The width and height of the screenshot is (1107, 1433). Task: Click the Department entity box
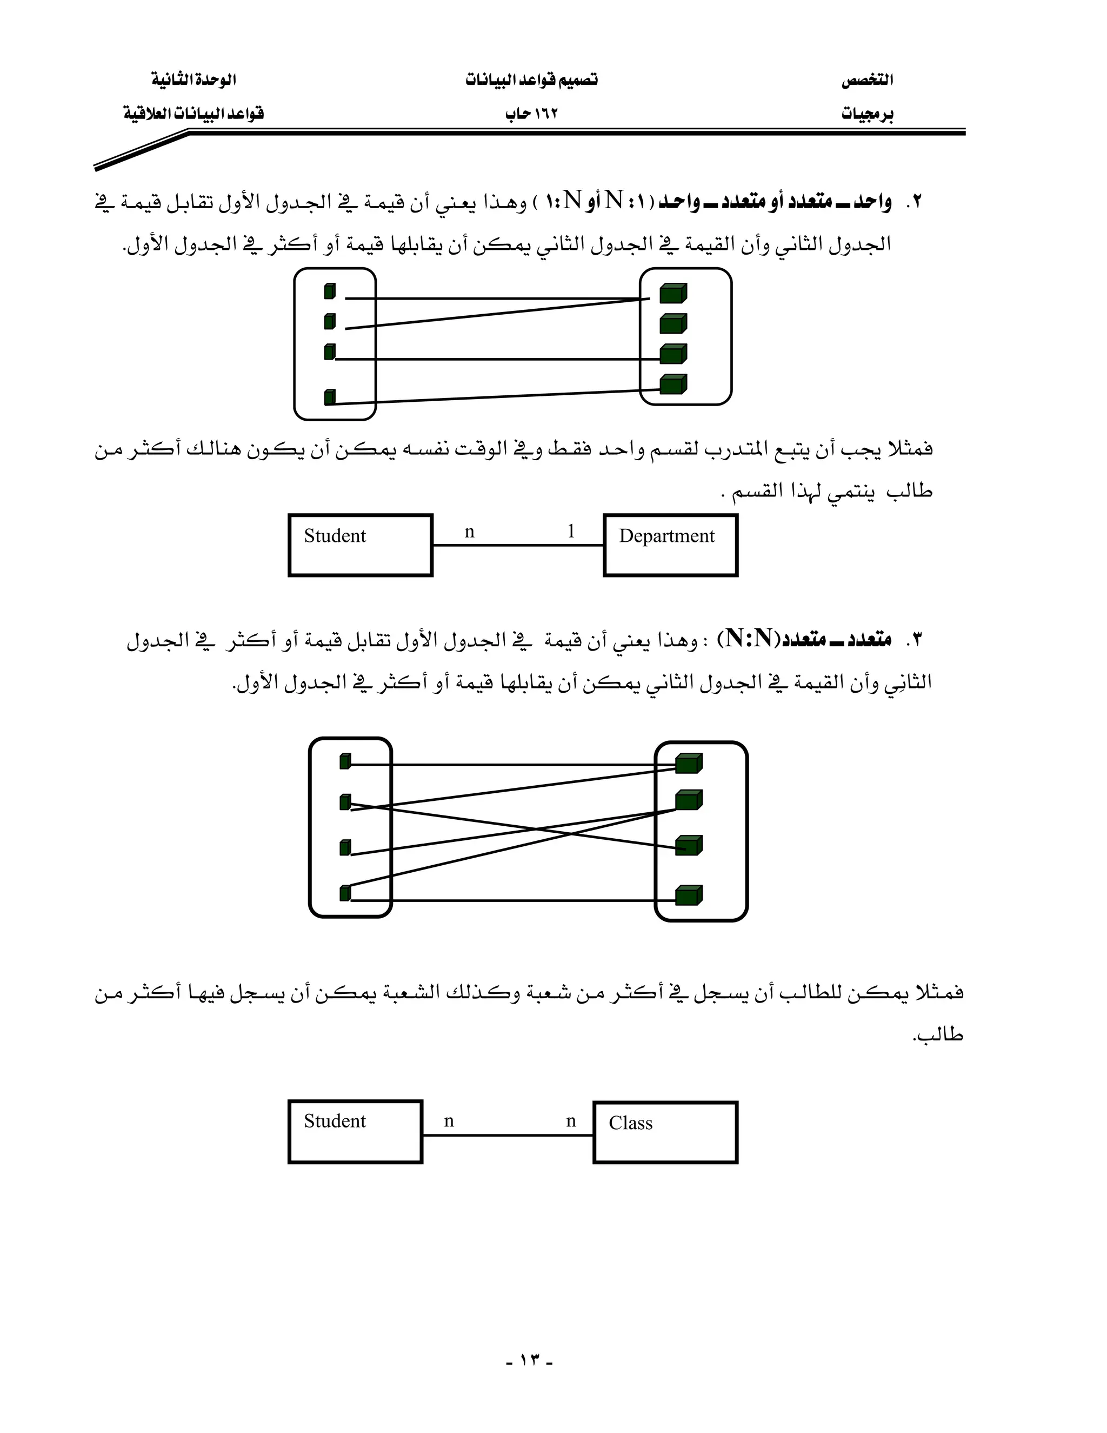coord(670,545)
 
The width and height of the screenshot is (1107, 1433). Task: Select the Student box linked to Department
coord(360,545)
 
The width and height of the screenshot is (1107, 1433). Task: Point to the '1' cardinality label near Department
coord(571,531)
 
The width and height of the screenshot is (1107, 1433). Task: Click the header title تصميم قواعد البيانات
coord(531,80)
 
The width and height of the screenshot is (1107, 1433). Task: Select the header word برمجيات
coord(867,114)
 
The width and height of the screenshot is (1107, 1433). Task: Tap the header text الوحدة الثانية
coord(194,80)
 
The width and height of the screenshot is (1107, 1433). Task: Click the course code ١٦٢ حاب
coord(531,114)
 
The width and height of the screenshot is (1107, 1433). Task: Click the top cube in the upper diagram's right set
coord(673,293)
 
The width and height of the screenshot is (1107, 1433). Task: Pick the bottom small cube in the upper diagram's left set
coord(330,397)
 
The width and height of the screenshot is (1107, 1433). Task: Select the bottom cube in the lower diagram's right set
coord(689,895)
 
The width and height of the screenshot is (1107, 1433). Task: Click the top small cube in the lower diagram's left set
coord(345,761)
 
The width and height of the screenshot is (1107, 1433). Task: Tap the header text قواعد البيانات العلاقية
coord(194,114)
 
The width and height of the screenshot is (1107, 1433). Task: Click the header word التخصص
coord(867,80)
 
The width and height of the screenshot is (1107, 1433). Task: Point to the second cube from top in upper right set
coord(673,323)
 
